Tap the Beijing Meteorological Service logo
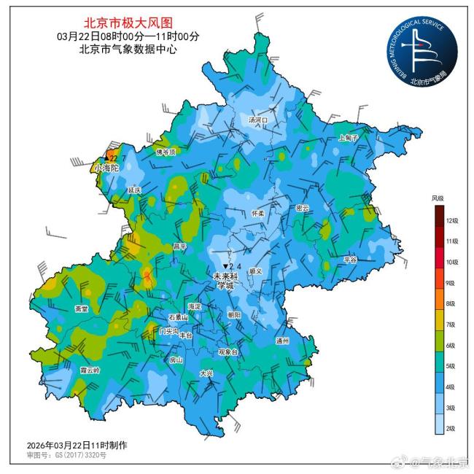tap(422, 50)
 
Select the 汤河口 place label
tap(258, 120)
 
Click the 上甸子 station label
tap(349, 138)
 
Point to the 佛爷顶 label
tap(167, 152)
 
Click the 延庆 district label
tap(133, 190)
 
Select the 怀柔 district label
tap(257, 214)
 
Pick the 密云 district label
tap(303, 208)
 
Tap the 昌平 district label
tap(179, 246)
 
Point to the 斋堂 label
tap(81, 308)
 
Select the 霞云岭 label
tap(90, 370)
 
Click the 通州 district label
tap(283, 341)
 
